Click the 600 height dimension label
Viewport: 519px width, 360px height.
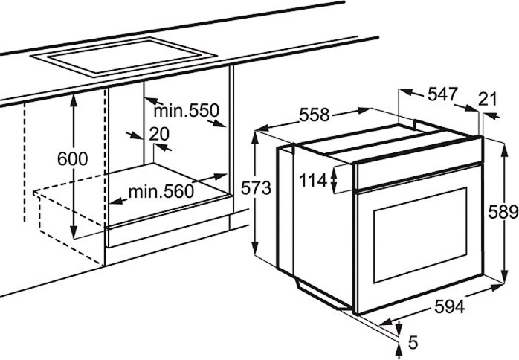coord(72,159)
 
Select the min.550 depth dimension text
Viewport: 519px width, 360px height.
coord(186,110)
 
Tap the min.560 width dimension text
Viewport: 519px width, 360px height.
coord(161,191)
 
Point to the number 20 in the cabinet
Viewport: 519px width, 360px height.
coord(159,134)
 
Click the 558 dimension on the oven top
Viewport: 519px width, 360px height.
coord(315,115)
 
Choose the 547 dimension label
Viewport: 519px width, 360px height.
coord(442,94)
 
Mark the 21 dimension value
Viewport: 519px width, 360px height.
coord(488,99)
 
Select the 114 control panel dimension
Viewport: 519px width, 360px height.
coord(313,181)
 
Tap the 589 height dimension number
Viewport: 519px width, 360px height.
coord(503,212)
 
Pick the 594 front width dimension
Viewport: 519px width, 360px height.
coord(450,306)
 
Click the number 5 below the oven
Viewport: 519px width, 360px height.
coord(413,342)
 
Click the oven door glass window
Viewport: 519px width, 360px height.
coord(420,235)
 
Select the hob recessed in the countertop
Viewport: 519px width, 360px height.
coord(123,57)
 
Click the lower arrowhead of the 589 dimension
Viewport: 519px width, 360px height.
coord(504,277)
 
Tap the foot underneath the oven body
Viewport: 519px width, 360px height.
coord(323,296)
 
